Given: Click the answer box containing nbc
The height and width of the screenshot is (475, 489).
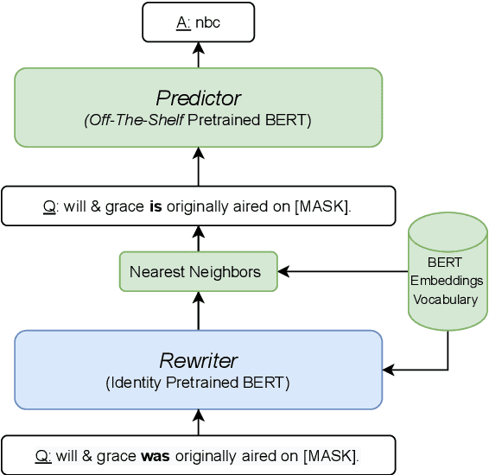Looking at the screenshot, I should pos(198,22).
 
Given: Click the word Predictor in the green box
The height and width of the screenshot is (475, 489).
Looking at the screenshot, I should pos(198,98).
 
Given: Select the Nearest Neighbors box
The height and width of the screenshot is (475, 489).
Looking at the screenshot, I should pos(198,271).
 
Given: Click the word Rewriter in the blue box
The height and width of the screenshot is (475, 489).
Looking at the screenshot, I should pos(198,361).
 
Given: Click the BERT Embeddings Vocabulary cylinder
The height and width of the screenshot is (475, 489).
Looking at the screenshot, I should pos(447,271).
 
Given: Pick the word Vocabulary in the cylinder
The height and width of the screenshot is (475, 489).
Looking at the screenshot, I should pos(446,299).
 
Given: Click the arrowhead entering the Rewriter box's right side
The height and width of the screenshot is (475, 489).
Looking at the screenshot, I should pos(389,370).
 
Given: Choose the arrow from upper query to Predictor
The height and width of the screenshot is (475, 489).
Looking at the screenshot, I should pos(198,168).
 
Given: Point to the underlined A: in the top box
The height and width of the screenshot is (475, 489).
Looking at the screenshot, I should pos(184,22).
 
